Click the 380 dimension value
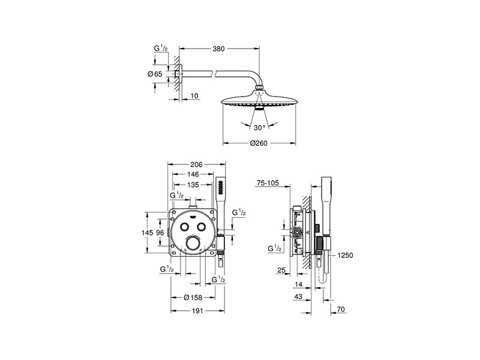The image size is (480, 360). [218, 49]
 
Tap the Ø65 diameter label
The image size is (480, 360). [155, 74]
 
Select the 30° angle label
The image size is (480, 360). [259, 128]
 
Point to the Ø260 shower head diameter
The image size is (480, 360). [259, 143]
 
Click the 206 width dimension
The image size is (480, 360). [196, 164]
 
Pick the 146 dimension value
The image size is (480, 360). [193, 175]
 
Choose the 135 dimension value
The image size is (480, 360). [193, 185]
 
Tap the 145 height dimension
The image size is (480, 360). [147, 233]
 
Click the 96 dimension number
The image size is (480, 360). [160, 233]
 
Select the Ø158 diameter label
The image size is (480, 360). [193, 297]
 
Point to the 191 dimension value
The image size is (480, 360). [197, 311]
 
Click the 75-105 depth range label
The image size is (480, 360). [268, 183]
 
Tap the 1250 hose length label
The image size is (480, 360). [346, 256]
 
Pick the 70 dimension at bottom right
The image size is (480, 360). [341, 310]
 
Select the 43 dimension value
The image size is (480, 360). [298, 296]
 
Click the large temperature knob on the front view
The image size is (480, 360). [193, 244]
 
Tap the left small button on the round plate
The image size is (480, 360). [185, 227]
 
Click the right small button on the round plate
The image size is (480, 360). [202, 227]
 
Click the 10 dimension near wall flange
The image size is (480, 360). [194, 96]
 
